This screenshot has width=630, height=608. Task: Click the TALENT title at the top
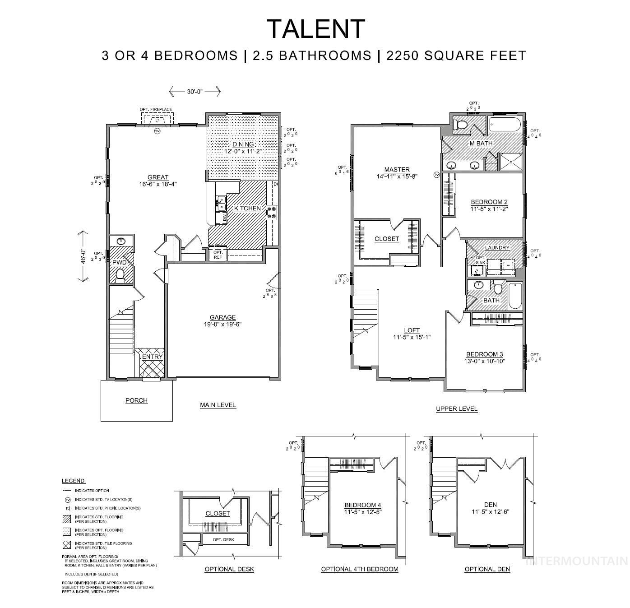315,29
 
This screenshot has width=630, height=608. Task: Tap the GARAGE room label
222,317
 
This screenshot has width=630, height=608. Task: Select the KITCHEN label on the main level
247,208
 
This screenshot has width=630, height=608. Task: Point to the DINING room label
243,144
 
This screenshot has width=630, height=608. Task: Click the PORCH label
136,400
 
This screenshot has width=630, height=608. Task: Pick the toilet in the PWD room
120,275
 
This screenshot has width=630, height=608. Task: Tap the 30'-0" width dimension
195,92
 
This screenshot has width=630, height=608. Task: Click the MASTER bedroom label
397,170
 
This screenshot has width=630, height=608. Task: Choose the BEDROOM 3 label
484,354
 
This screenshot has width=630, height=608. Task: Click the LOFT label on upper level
412,330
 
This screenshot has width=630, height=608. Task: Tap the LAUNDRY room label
497,248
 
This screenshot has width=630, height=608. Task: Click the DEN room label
490,505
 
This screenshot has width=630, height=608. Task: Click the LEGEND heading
74,481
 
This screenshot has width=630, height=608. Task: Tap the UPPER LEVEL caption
456,409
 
